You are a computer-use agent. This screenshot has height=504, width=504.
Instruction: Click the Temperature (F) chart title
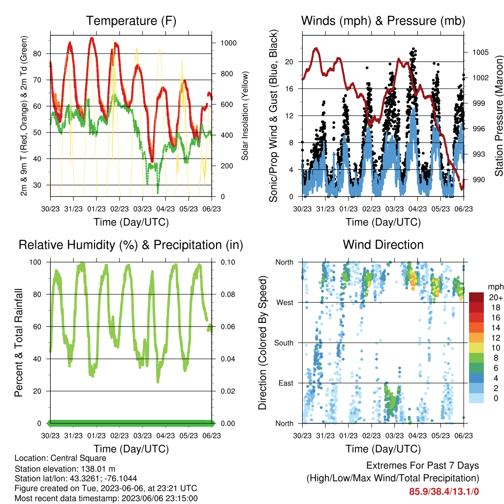(131, 21)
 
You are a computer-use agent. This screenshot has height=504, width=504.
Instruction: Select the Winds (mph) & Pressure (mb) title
(383, 21)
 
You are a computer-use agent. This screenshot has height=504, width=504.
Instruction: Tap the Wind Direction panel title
(383, 245)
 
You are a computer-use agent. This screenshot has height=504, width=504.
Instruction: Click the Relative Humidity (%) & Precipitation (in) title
(131, 245)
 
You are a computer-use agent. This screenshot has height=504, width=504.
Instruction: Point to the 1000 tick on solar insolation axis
(228, 43)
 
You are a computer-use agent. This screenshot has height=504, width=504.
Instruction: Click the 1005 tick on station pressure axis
(480, 52)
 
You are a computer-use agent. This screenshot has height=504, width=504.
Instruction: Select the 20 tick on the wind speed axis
(289, 62)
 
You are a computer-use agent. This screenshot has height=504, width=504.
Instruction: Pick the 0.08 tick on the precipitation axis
(228, 294)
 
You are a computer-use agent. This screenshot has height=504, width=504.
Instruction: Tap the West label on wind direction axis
(285, 303)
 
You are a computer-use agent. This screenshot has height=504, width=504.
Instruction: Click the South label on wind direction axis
(284, 343)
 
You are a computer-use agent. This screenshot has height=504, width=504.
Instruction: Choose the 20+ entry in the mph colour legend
(496, 298)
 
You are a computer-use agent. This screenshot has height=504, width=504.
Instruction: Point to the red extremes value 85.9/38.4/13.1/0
(444, 492)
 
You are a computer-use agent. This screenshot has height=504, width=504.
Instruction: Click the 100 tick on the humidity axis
(35, 262)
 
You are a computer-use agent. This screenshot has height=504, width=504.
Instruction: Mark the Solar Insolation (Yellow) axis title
(245, 116)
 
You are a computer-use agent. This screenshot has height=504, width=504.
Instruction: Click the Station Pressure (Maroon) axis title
(499, 116)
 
